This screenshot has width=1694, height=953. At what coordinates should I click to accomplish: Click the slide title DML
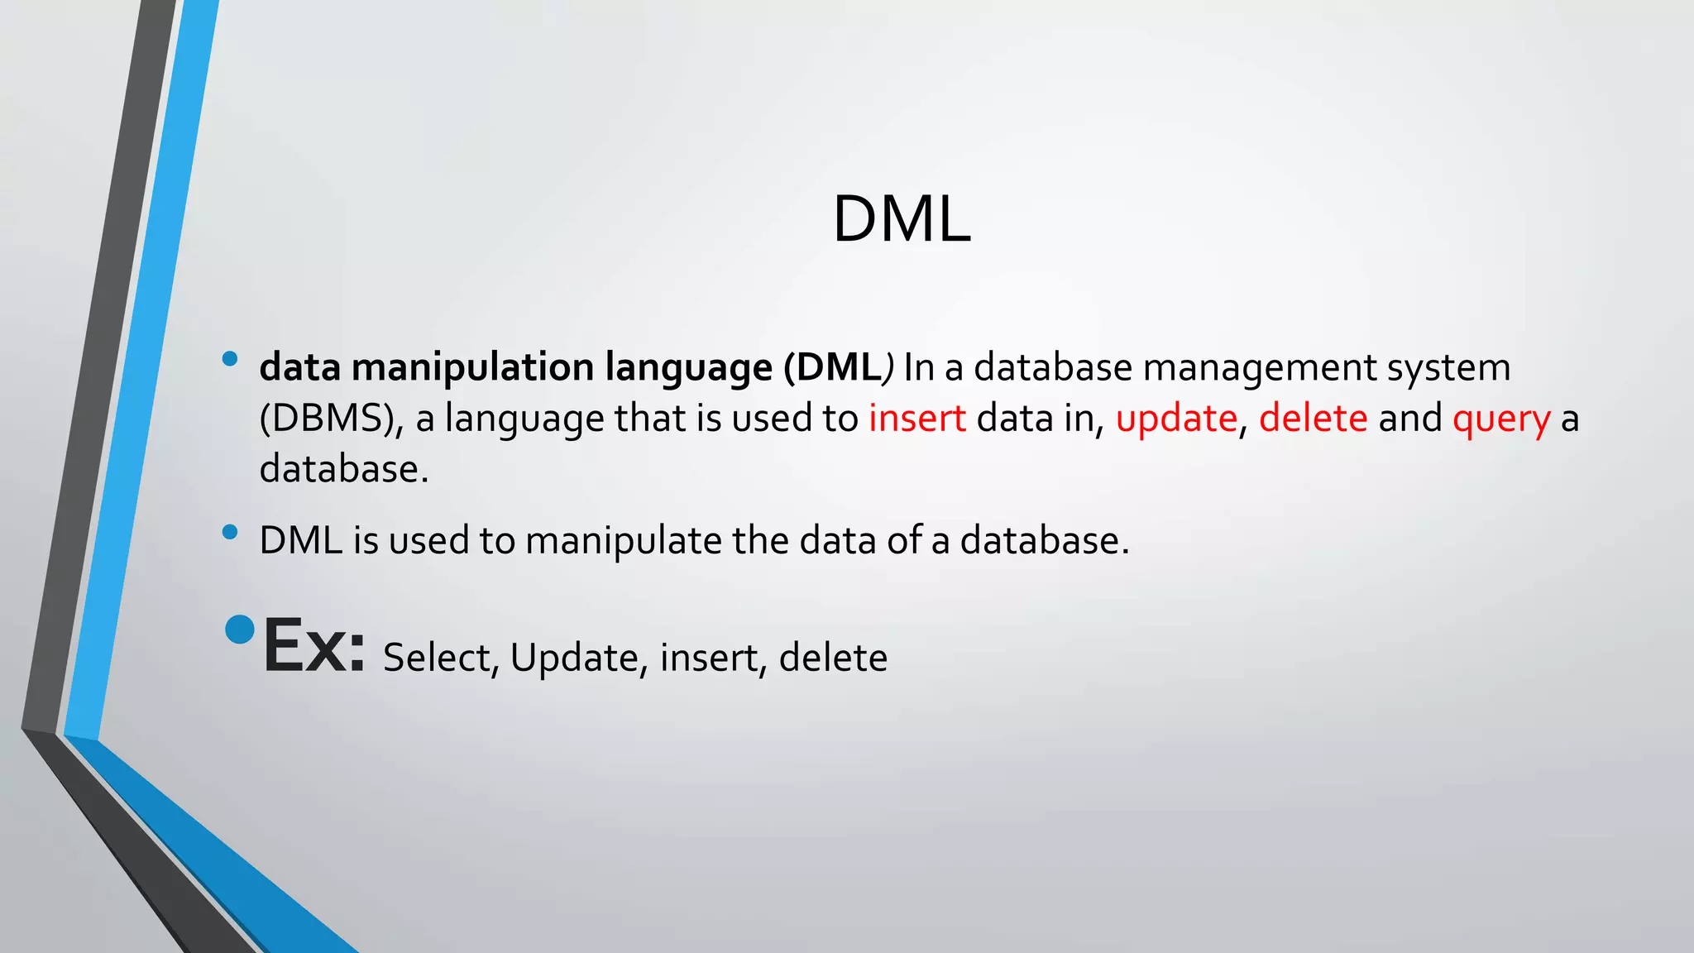coord(901,219)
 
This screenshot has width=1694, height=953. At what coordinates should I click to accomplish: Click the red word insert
coord(916,418)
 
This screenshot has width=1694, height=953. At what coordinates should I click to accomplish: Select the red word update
coord(1175,419)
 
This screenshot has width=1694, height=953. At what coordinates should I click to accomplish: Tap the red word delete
coord(1313,418)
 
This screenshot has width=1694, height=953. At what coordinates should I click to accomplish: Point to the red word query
coord(1500,419)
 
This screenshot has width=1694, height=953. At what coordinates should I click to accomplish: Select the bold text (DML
coord(832,367)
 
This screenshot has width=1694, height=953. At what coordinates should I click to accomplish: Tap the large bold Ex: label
coord(313,646)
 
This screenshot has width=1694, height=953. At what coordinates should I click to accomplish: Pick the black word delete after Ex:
coord(832,658)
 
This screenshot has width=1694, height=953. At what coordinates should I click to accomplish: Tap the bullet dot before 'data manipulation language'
coord(230,359)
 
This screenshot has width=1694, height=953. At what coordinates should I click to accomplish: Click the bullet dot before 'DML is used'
coord(230,532)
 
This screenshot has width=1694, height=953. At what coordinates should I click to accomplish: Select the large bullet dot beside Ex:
coord(240,630)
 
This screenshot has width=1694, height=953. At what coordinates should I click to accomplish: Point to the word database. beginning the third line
coord(344,469)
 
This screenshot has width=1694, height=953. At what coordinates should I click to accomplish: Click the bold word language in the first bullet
coord(688,369)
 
